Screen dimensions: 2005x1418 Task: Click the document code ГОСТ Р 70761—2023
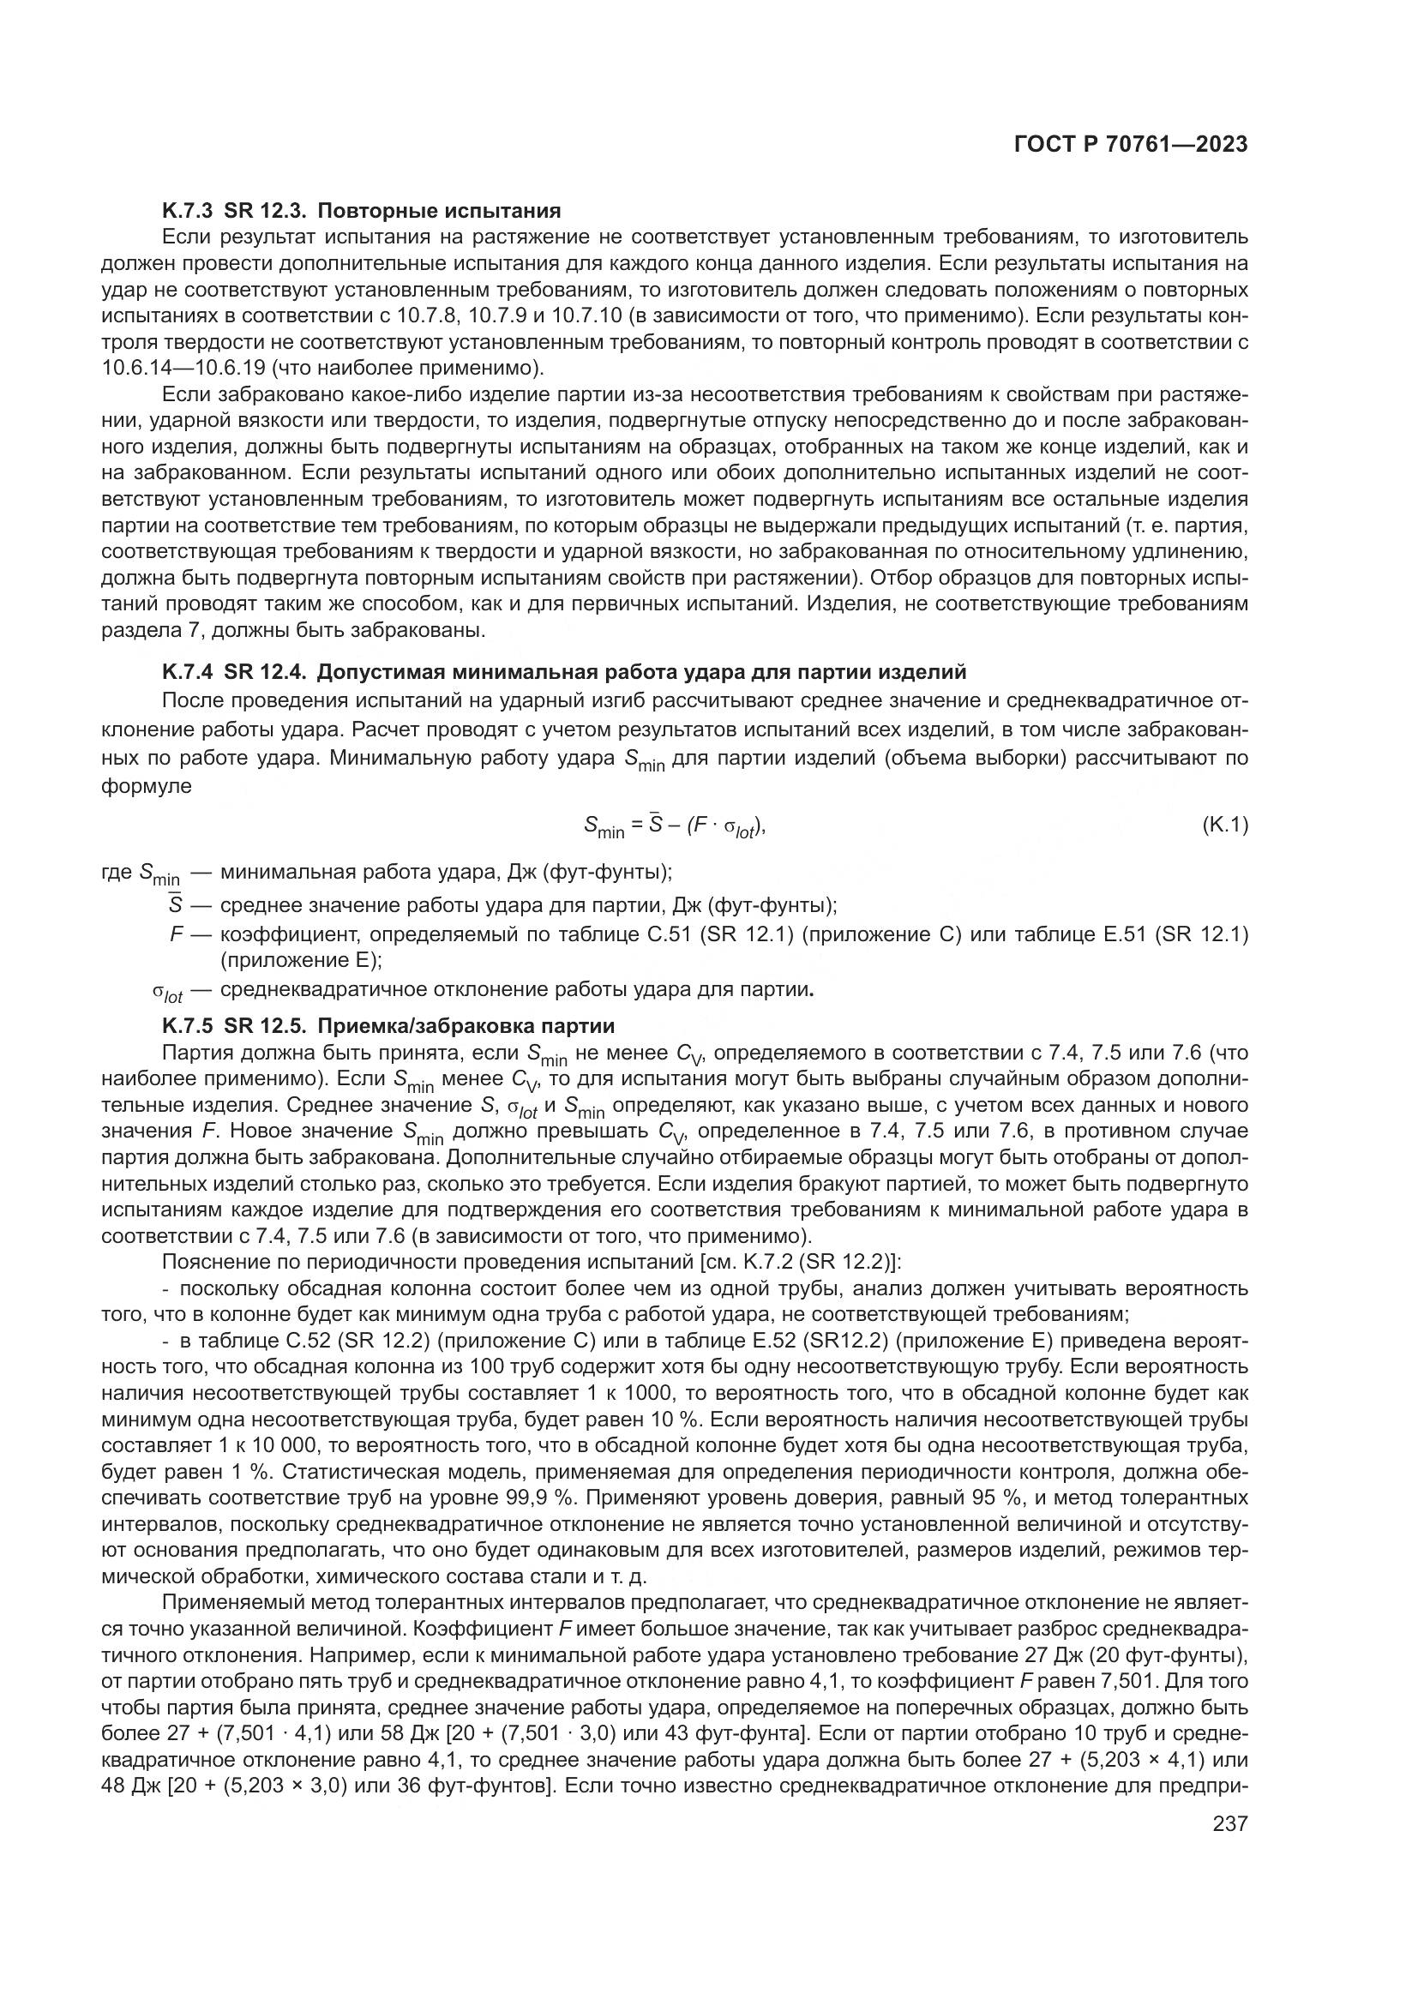pos(1130,145)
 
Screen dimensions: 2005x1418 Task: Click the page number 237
pos(1230,1823)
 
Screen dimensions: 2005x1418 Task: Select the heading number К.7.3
pos(187,211)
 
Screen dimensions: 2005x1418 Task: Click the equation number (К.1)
pos(1225,825)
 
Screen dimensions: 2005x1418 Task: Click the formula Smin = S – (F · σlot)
pos(673,826)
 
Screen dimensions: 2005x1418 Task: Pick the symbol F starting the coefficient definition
pos(176,934)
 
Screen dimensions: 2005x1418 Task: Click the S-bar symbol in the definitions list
pos(174,904)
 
